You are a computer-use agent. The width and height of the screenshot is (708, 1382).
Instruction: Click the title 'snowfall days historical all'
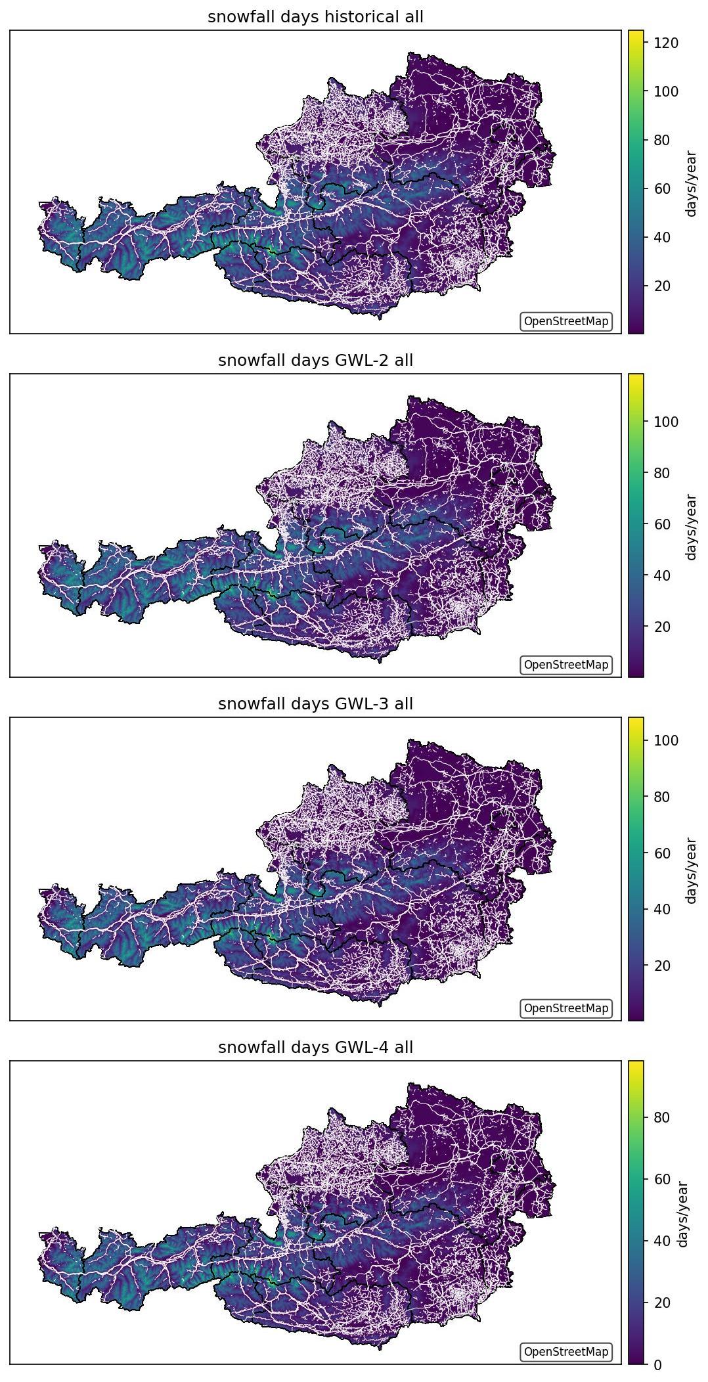(x=315, y=17)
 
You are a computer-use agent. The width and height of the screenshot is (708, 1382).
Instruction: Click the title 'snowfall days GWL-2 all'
(x=315, y=361)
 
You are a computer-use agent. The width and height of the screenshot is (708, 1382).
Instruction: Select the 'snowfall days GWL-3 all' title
(x=315, y=704)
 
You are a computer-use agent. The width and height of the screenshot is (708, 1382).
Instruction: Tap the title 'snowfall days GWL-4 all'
(x=315, y=1048)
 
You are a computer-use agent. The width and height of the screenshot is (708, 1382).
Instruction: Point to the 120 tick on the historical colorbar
(x=665, y=43)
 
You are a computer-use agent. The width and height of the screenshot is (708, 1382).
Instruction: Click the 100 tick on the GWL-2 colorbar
(x=665, y=422)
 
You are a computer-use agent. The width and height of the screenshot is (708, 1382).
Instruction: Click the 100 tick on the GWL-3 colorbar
(x=665, y=740)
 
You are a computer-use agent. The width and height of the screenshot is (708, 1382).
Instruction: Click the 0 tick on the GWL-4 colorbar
(x=657, y=1364)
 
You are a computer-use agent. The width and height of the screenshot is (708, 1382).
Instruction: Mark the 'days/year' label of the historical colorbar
(x=691, y=183)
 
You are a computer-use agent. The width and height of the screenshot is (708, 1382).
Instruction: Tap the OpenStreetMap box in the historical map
(x=566, y=321)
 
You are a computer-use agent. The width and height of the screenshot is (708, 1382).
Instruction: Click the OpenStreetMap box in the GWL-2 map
(x=566, y=665)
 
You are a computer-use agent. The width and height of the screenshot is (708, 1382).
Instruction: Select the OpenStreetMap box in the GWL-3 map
(x=566, y=1008)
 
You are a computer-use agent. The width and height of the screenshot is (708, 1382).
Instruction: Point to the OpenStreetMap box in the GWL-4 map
(x=566, y=1352)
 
